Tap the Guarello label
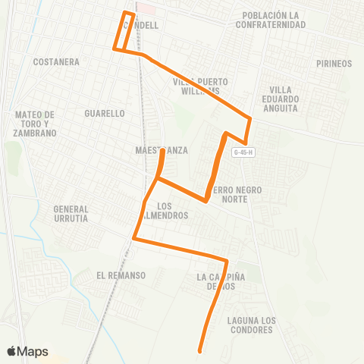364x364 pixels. (105, 114)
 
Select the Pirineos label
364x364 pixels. (334, 64)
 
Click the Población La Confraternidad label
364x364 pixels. (274, 20)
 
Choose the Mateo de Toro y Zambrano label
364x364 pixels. (36, 124)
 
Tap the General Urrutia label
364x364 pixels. (71, 213)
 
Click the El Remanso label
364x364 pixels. (121, 275)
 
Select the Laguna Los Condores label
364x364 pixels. (249, 325)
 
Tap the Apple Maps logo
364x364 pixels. (28, 351)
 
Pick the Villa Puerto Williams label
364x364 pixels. (200, 86)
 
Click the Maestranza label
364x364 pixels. (161, 151)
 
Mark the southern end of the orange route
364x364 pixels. (199, 351)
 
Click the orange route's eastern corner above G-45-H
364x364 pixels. (251, 118)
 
